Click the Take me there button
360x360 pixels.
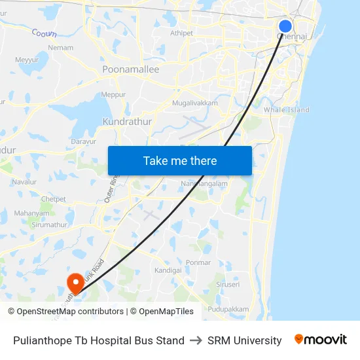point(180,161)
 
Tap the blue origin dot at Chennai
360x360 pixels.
point(285,26)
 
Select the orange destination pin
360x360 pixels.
point(76,283)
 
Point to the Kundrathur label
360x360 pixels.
point(127,122)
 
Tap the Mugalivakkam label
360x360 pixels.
point(194,103)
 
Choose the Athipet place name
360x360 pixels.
point(181,33)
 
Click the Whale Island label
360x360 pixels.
point(286,110)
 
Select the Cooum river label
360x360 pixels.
point(45,33)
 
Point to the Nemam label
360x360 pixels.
point(61,48)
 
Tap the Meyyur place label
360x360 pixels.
point(27,60)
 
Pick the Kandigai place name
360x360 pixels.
point(168,270)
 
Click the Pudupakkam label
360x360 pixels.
point(228,309)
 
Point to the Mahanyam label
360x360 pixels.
point(32,213)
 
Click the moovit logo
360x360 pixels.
point(320,340)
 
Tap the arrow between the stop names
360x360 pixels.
point(196,340)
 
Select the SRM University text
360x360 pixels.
point(244,340)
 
